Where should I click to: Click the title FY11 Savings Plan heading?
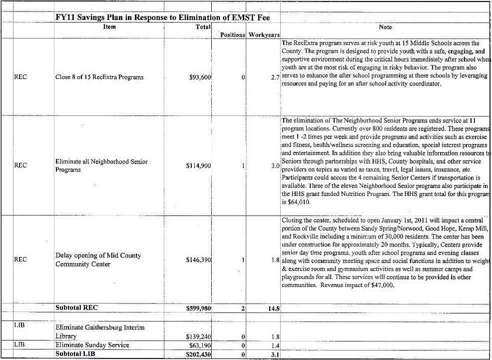[x=162, y=18]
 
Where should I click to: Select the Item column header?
[x=109, y=27]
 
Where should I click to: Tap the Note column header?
[x=385, y=27]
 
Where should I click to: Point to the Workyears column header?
[x=263, y=35]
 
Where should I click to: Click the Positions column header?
[x=233, y=35]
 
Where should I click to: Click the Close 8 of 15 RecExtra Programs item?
[x=99, y=77]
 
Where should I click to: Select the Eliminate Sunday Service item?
[x=92, y=345]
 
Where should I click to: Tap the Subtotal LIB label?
[x=75, y=353]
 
